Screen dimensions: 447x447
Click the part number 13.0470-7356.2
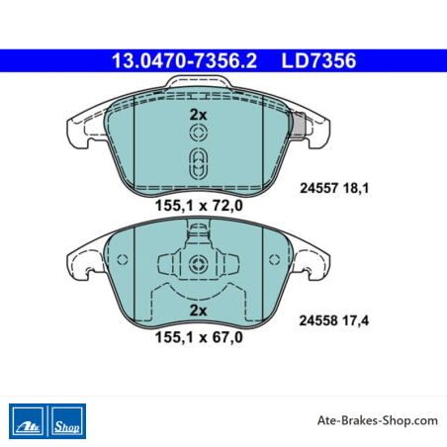pos(184,61)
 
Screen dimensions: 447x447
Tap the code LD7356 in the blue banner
pos(318,61)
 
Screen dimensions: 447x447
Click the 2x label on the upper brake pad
pos(198,115)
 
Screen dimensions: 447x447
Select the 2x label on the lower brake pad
pos(198,311)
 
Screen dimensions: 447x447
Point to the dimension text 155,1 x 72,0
pos(199,206)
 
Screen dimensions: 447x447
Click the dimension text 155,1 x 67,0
pos(199,337)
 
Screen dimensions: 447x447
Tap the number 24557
pos(318,188)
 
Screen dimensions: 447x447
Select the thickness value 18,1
pos(356,188)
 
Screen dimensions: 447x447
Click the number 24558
pos(318,320)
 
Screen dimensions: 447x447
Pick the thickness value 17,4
pos(356,320)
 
